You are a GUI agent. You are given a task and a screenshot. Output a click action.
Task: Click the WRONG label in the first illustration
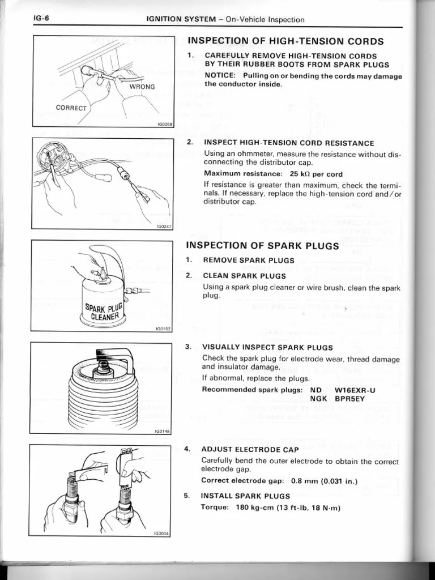142,87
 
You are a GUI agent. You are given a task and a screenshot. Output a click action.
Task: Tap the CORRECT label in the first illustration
71,108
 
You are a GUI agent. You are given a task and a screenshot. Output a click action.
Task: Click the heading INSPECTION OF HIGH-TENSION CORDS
285,41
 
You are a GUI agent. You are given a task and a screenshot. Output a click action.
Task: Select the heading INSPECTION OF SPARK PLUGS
263,246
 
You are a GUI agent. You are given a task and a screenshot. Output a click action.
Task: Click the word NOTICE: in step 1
221,76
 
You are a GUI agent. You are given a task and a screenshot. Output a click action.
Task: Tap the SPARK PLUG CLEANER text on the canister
103,312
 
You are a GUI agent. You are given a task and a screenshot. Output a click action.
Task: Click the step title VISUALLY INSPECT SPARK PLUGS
268,347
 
